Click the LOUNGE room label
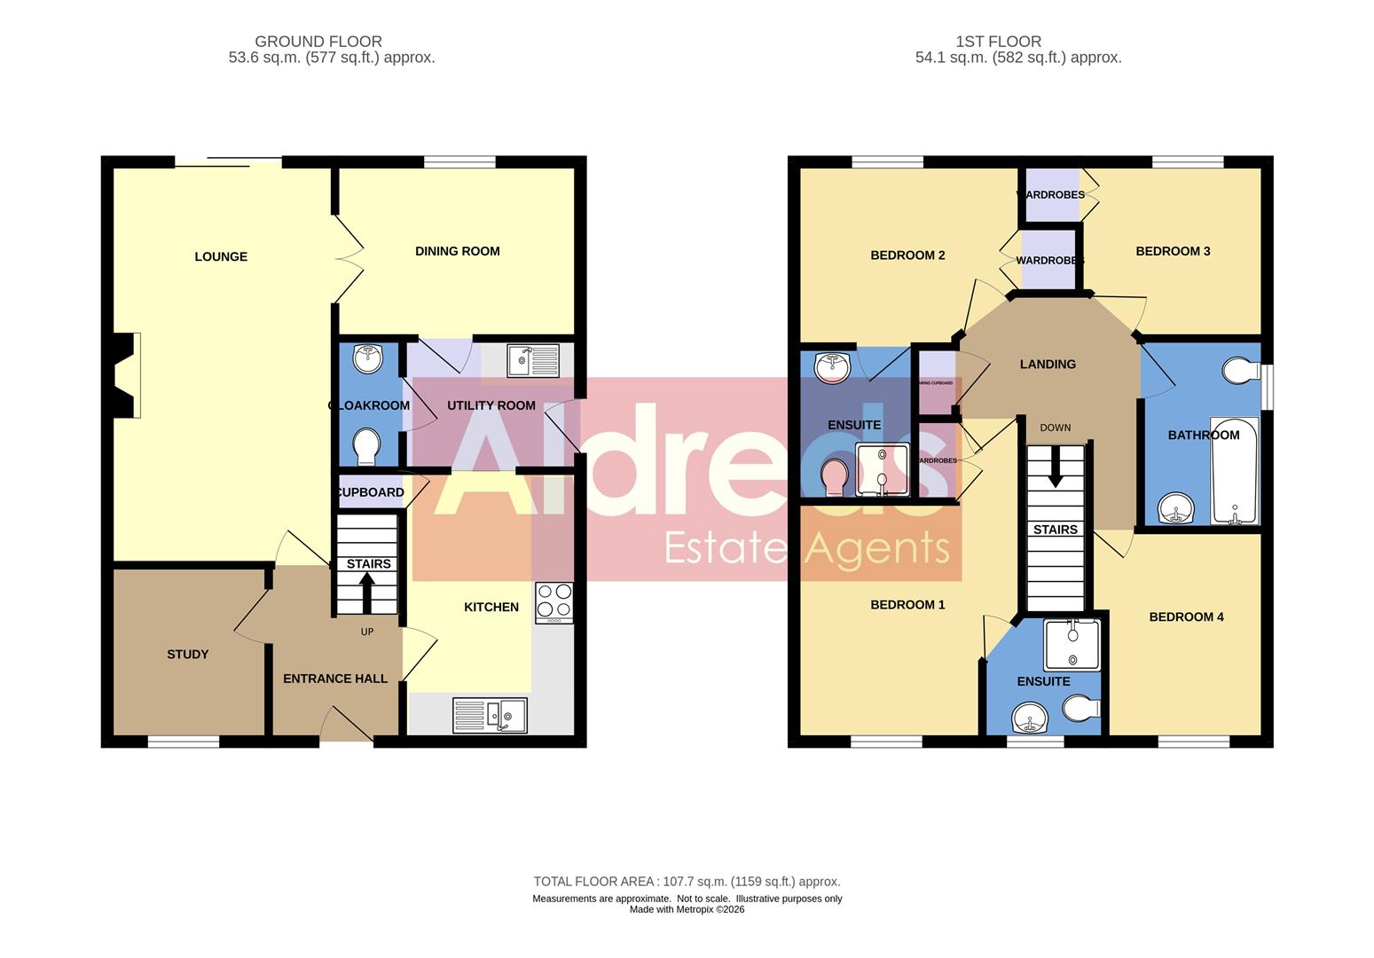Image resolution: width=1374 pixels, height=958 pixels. click(x=221, y=257)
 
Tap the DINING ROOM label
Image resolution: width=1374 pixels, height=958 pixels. click(x=457, y=251)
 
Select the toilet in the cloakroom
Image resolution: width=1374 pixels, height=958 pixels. click(x=366, y=446)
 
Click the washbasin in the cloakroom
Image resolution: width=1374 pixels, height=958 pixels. click(x=367, y=358)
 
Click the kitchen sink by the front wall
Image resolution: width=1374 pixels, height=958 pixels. click(x=490, y=715)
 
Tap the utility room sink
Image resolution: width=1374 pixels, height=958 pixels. click(x=533, y=360)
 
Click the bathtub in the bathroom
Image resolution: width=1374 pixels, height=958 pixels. click(x=1234, y=471)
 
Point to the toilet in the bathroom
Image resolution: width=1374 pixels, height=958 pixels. click(x=1240, y=370)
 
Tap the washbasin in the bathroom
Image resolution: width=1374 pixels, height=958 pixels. click(x=1177, y=510)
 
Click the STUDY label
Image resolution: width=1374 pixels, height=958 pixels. click(x=188, y=655)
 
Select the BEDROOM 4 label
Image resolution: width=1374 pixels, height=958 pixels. click(x=1186, y=617)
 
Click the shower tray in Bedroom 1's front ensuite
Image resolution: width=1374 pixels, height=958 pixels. click(x=1072, y=645)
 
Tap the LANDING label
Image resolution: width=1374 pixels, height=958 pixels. click(x=1048, y=365)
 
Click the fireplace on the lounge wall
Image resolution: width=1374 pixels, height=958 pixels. click(x=126, y=375)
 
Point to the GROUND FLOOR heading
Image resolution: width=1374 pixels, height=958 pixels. click(x=318, y=42)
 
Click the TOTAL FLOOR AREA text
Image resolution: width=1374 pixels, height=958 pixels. click(x=687, y=882)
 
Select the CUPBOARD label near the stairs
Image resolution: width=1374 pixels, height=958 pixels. click(x=371, y=492)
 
